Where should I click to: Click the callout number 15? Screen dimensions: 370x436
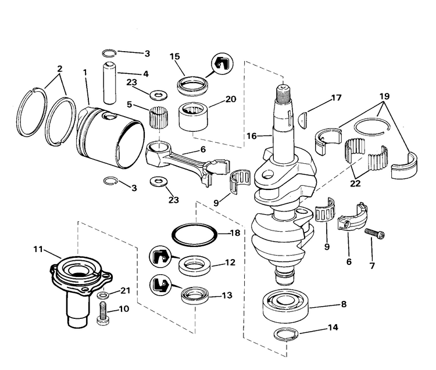tap(174, 56)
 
